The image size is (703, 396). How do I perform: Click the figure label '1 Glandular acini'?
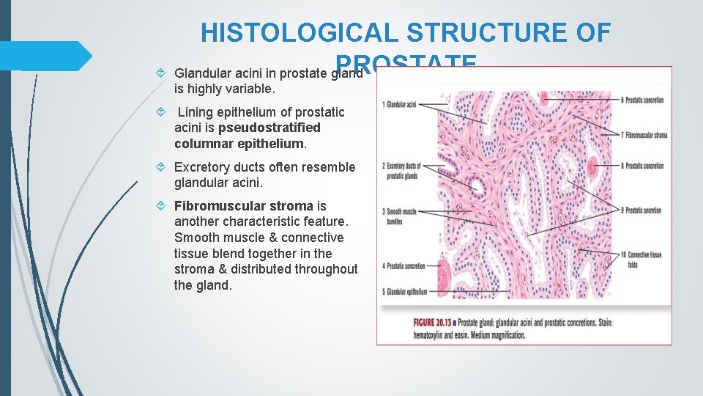pos(400,105)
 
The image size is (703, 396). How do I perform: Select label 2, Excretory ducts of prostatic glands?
pos(402,169)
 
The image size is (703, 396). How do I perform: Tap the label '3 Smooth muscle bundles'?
pos(400,215)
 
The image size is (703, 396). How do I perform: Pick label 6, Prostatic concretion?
pos(642,100)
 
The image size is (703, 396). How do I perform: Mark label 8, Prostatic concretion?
pos(642,166)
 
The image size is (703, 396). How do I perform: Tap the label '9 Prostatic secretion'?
pos(641,210)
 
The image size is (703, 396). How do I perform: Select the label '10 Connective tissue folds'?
pos(642,258)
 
